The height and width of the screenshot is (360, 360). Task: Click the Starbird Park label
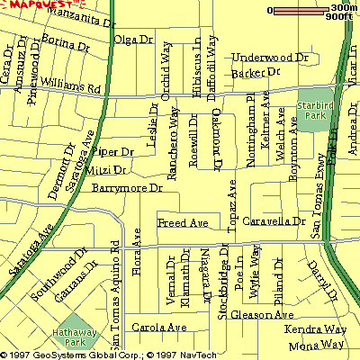[312, 112]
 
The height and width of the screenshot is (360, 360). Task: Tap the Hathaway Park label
[74, 336]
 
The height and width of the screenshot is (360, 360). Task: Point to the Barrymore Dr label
[127, 188]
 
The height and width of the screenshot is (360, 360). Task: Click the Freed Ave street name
[183, 222]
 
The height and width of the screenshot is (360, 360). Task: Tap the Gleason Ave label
[263, 315]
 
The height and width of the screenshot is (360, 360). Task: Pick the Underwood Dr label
[270, 57]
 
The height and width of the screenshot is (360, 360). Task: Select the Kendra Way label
[315, 330]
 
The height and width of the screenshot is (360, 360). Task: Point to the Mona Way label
[319, 345]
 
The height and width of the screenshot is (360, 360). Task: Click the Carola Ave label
[151, 328]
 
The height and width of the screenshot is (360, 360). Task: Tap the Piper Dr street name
[113, 153]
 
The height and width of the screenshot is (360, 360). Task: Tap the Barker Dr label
[256, 71]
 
